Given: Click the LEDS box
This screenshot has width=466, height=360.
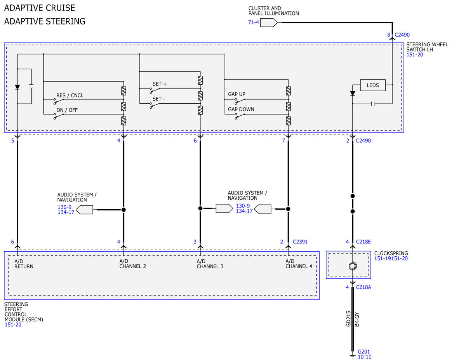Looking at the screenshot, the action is pyautogui.click(x=372, y=85).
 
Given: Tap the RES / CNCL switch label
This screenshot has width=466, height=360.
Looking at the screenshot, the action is pyautogui.click(x=70, y=96).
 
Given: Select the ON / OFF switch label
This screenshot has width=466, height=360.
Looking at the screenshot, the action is pyautogui.click(x=67, y=110).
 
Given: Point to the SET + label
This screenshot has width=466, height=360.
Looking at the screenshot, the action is pyautogui.click(x=159, y=84).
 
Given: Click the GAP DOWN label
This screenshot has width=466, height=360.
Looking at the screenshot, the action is pyautogui.click(x=241, y=109).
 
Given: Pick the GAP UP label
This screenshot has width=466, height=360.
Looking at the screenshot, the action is pyautogui.click(x=236, y=94).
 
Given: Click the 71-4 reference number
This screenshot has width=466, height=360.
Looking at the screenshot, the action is pyautogui.click(x=254, y=22).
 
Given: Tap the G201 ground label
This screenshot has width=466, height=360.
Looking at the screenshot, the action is pyautogui.click(x=364, y=351).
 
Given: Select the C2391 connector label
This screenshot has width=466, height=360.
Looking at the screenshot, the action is pyautogui.click(x=300, y=242).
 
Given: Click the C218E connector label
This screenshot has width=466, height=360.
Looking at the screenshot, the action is pyautogui.click(x=363, y=242).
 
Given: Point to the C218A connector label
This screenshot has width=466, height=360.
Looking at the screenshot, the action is pyautogui.click(x=363, y=287).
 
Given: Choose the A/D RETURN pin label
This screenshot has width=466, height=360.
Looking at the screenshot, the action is pyautogui.click(x=24, y=264).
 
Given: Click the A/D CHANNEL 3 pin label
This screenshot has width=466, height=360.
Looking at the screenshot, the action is pyautogui.click(x=210, y=264).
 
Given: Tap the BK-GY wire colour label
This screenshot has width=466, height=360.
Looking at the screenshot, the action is pyautogui.click(x=357, y=320).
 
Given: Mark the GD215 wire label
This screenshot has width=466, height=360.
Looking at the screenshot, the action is pyautogui.click(x=348, y=319).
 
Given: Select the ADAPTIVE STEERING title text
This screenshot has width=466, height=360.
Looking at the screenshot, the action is pyautogui.click(x=45, y=21).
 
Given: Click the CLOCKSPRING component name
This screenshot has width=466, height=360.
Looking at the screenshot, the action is pyautogui.click(x=391, y=253).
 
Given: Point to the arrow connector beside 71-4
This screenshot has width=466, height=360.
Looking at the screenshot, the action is pyautogui.click(x=269, y=23).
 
